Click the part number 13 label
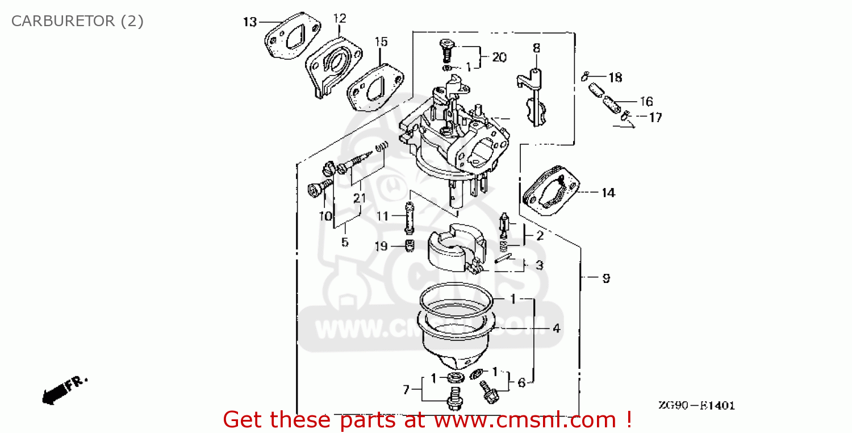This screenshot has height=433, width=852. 250,22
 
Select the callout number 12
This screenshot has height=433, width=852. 339,18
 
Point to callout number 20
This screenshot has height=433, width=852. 499,57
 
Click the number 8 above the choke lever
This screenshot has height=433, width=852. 536,49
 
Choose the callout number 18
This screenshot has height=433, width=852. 615,77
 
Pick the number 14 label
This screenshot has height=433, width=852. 608,193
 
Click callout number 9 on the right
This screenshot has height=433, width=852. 606,278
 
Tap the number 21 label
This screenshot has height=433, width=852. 359,198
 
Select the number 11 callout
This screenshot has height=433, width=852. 382,216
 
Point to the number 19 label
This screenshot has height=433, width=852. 381,246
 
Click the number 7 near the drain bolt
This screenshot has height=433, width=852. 406,390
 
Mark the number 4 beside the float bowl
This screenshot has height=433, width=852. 557,328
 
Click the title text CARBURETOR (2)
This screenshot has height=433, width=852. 77,22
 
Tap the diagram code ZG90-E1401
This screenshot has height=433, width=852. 696,406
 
